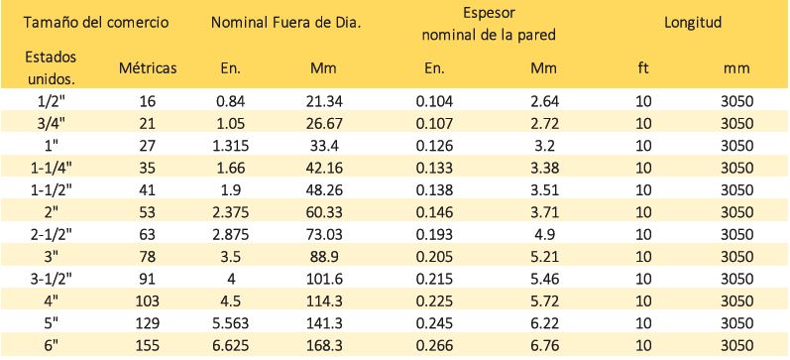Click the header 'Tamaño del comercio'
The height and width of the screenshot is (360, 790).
click(96, 23)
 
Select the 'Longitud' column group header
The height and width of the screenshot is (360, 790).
click(693, 23)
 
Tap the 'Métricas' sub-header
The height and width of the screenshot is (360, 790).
click(148, 68)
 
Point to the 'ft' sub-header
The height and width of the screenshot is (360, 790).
click(643, 68)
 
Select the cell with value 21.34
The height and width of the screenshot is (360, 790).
click(324, 101)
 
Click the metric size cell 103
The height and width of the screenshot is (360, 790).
click(148, 301)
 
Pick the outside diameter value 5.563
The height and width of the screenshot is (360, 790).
click(230, 323)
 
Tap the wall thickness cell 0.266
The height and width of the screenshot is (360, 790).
click(434, 345)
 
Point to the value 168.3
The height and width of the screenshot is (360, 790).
click(324, 345)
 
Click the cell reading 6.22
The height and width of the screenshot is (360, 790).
click(544, 323)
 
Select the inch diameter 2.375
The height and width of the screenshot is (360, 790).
click(230, 212)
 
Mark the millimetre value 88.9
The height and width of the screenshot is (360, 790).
click(324, 257)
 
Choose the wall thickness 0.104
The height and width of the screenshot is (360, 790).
click(434, 101)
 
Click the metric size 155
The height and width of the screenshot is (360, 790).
click(148, 345)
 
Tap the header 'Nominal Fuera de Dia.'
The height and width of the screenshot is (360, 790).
click(286, 23)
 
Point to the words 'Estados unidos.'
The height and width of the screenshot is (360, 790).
click(51, 68)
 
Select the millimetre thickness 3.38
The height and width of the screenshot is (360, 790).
click(544, 168)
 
